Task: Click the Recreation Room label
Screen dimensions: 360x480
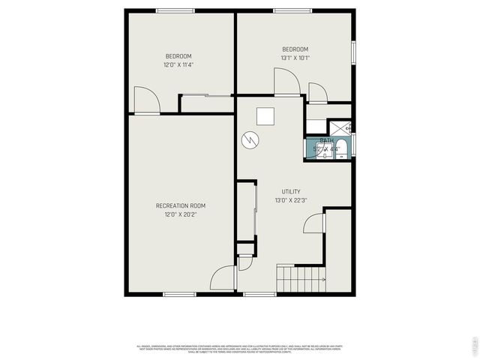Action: tap(180, 205)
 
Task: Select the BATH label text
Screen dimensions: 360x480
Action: tap(327, 140)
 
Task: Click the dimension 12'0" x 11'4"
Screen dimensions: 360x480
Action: tap(178, 65)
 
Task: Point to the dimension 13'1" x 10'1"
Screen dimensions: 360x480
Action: tap(295, 58)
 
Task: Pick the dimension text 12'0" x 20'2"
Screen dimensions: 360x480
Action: tap(180, 214)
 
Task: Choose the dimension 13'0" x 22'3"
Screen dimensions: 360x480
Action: tap(291, 200)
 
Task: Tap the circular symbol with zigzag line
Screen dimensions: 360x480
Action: tap(250, 139)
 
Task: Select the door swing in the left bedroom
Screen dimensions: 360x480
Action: tap(146, 100)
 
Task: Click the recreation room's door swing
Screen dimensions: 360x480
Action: tap(223, 279)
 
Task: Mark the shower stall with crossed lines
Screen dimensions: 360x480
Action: tap(340, 127)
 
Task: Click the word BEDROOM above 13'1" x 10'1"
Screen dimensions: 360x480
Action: tap(295, 49)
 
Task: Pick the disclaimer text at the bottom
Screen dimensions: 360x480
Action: tap(239, 349)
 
